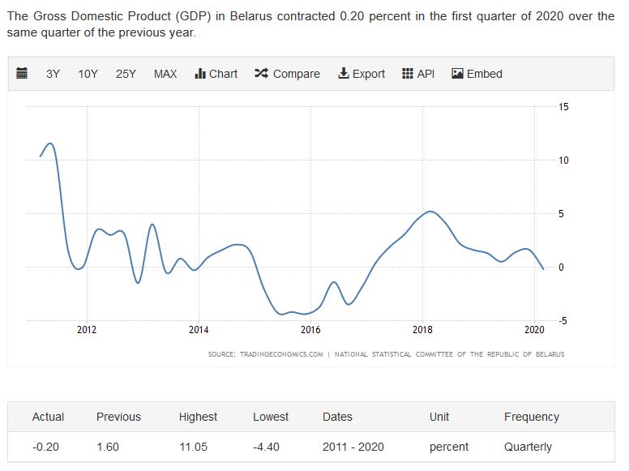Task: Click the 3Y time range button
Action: [x=53, y=74]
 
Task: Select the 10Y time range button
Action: [x=88, y=74]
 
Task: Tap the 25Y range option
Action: [x=126, y=74]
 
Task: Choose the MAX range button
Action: [x=165, y=74]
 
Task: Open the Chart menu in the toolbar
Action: [x=216, y=74]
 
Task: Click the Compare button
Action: [x=287, y=74]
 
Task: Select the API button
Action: [x=418, y=74]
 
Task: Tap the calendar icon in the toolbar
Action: [x=23, y=74]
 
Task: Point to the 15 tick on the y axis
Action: [x=563, y=107]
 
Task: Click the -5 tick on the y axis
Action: [x=563, y=321]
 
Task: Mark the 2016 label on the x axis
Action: [x=310, y=330]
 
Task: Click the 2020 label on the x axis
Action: [x=534, y=330]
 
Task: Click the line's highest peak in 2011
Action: [x=50, y=143]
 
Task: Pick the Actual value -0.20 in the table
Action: [x=45, y=447]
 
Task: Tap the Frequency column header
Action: [x=532, y=417]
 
